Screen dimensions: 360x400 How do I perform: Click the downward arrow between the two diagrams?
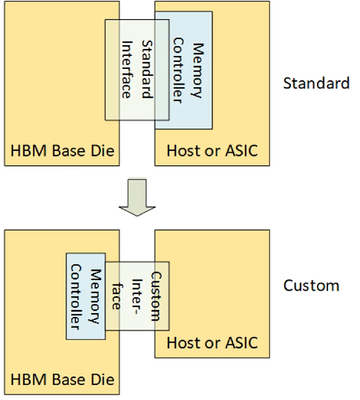pos(137,197)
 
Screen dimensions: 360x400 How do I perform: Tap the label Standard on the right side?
pos(316,83)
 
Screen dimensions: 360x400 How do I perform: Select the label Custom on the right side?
pos(311,285)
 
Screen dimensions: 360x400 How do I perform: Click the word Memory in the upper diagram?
pos(198,70)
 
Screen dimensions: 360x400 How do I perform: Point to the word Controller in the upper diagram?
pos(178,70)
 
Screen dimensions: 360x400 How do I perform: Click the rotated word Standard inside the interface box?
pos(147,69)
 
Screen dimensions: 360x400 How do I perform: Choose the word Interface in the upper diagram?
pos(127,70)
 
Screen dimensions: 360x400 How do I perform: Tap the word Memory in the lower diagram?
pos(96,296)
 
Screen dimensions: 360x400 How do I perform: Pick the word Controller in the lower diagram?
pos(76,297)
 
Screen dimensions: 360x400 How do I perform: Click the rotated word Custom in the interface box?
pos(156,296)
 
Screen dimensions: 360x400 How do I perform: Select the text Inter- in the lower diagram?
pos(137,296)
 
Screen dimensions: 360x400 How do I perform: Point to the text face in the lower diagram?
pos(116,296)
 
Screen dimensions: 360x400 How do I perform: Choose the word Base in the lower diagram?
pos(69,380)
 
